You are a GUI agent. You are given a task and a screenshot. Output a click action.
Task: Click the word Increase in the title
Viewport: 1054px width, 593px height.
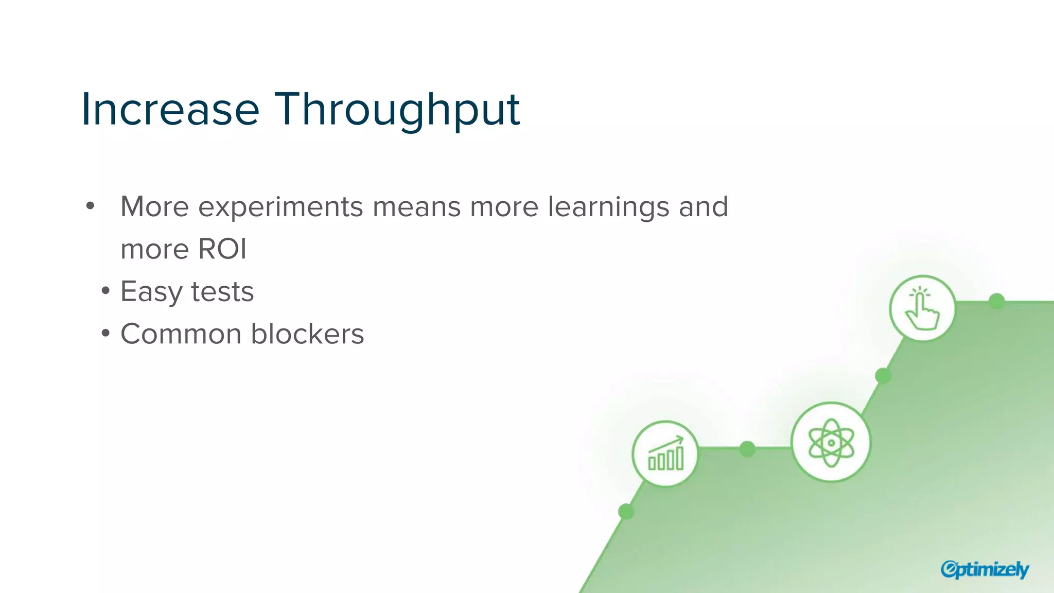(170, 109)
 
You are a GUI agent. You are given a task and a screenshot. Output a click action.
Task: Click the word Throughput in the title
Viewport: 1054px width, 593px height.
(397, 109)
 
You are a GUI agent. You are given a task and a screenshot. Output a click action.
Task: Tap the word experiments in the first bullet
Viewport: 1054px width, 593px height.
(281, 207)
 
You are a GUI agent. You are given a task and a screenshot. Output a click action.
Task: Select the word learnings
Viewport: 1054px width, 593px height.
(608, 207)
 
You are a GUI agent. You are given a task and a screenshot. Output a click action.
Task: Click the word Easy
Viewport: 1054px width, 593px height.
(151, 292)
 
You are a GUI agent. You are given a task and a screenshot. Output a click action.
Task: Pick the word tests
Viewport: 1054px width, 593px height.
(222, 292)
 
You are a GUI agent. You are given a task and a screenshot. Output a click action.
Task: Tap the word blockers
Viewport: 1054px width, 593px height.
(307, 334)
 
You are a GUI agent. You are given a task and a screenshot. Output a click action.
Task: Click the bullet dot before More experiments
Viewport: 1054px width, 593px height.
(91, 206)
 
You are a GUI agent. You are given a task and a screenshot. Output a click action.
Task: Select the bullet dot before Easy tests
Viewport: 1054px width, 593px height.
(106, 291)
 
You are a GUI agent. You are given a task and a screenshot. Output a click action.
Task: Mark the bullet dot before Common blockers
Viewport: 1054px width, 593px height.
(106, 334)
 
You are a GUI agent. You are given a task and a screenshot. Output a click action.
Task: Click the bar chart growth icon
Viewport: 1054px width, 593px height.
(665, 454)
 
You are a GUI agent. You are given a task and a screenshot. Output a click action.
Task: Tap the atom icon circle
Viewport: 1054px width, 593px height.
(831, 442)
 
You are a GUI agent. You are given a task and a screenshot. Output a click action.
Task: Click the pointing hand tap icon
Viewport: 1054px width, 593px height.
(922, 308)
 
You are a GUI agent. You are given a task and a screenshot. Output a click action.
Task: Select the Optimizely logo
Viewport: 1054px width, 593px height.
(985, 569)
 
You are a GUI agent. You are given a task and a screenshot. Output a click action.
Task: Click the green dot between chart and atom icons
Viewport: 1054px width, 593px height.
(747, 449)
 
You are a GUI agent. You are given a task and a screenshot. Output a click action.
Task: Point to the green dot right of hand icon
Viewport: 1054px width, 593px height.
(997, 301)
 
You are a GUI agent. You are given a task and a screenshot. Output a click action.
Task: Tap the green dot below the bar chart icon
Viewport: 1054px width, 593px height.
(626, 512)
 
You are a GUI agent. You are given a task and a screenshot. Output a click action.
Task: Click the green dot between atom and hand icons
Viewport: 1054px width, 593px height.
(883, 376)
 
